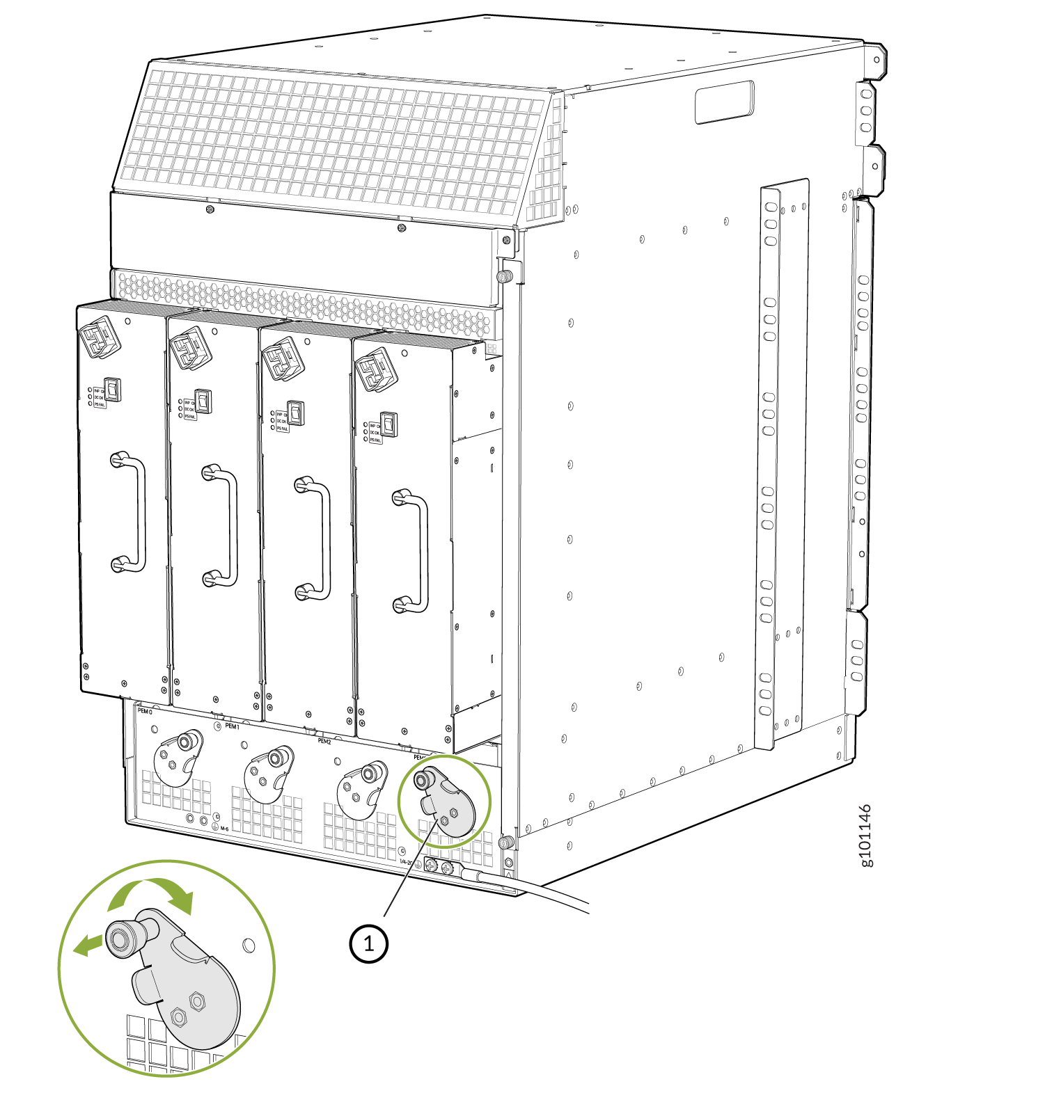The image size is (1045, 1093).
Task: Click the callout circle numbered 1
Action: tap(368, 943)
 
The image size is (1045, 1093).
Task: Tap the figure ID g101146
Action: tap(865, 836)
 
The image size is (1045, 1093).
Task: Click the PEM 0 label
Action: tap(145, 711)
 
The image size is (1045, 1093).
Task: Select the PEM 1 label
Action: tap(233, 726)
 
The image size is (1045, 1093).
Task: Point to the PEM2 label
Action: tap(324, 741)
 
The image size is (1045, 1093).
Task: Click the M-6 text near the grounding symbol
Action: tap(224, 829)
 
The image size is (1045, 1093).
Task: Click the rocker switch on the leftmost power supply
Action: tap(112, 389)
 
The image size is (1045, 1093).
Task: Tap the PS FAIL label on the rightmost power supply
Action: tap(375, 440)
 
